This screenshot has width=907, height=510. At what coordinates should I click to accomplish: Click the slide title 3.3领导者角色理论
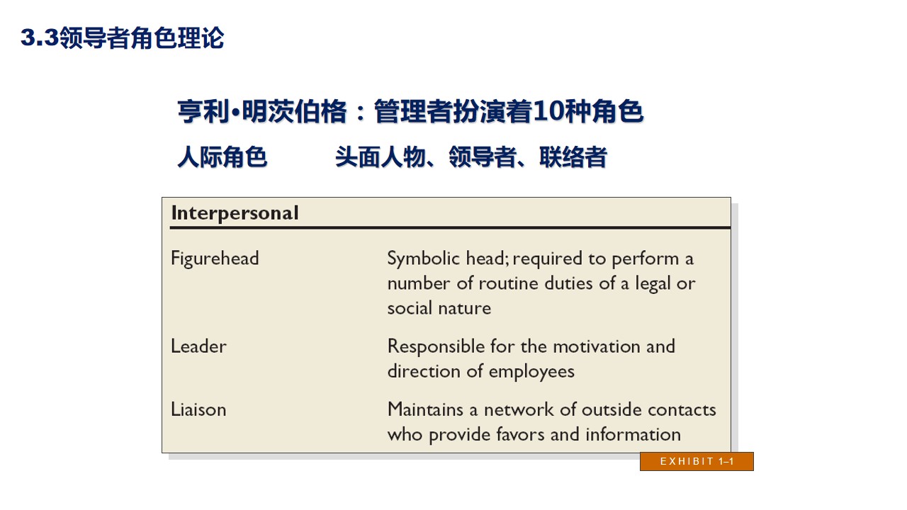[122, 38]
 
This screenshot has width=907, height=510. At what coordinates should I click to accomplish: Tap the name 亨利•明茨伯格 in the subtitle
[262, 112]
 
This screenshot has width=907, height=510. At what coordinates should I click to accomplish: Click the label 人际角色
[222, 157]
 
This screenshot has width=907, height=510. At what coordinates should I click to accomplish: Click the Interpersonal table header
[235, 213]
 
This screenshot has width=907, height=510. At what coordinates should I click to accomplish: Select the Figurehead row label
[215, 259]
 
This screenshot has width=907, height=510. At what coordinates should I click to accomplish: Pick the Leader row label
[198, 346]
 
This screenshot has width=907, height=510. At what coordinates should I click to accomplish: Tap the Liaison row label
[198, 409]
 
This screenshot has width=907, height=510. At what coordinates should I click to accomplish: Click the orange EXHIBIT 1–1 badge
[697, 462]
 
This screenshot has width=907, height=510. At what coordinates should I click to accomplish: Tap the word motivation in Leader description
[596, 346]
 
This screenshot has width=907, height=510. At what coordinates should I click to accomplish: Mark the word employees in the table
[531, 371]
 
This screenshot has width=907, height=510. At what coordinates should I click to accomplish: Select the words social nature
[439, 308]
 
